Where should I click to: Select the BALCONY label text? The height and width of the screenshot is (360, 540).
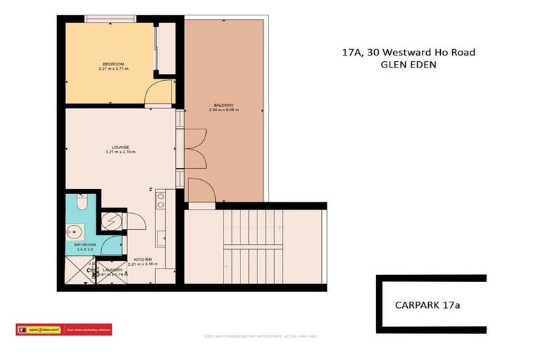[x=224, y=106]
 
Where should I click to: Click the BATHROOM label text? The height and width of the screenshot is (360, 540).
[x=84, y=245]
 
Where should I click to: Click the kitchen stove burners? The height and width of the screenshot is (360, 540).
[x=160, y=200]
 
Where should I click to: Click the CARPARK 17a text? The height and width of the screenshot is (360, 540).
[x=422, y=305]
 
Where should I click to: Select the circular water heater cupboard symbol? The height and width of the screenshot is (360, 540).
[x=112, y=221]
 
